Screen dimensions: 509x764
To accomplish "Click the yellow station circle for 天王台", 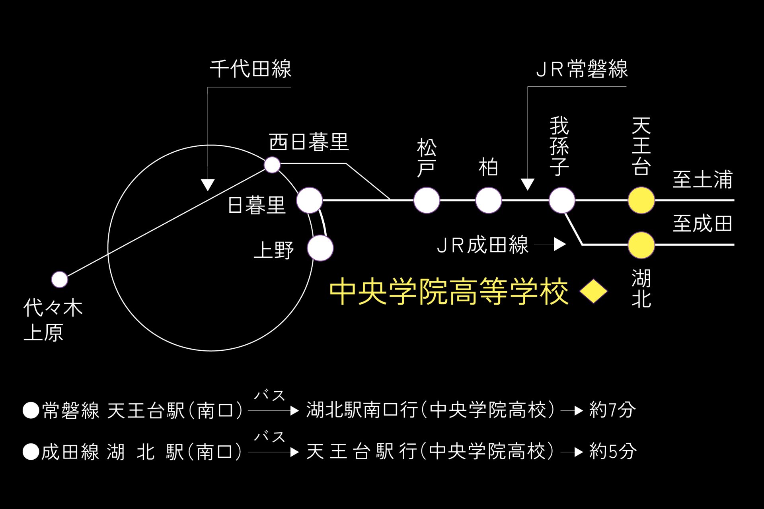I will [x=641, y=200].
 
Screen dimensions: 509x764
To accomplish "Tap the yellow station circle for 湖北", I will [x=641, y=245].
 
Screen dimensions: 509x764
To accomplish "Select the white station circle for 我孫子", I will [x=561, y=200].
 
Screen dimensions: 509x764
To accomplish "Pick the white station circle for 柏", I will [x=488, y=200].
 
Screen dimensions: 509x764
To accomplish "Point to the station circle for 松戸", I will [x=427, y=200].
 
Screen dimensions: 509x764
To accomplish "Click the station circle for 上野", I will [x=320, y=248].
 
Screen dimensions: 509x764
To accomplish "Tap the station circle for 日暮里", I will [x=309, y=200].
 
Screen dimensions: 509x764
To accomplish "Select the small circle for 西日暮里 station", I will [x=272, y=165].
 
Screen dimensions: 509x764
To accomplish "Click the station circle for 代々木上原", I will [x=60, y=280].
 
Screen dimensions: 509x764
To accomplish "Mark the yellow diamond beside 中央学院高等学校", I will [x=593, y=291].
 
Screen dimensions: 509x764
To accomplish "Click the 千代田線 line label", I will [x=251, y=69].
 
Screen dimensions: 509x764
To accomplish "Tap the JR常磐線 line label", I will [x=582, y=69].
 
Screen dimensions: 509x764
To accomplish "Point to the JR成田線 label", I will [x=482, y=245].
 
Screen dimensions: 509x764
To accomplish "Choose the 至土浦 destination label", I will [x=702, y=179].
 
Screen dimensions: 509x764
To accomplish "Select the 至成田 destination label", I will [x=702, y=223].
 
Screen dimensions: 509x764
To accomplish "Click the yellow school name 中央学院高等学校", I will [x=449, y=291].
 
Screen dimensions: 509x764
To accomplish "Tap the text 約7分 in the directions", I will [x=612, y=410].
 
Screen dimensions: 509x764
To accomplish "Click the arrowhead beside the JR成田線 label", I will [x=560, y=245].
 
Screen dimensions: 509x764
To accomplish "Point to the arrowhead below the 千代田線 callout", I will [x=208, y=185].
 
